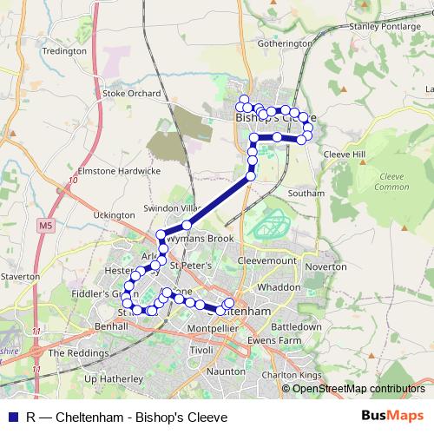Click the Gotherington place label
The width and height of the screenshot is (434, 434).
pyautogui.click(x=284, y=43)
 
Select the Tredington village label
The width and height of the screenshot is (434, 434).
pyautogui.click(x=64, y=51)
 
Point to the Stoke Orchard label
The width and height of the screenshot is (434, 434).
pyautogui.click(x=132, y=93)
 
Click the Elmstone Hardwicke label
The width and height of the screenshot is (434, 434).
pyautogui.click(x=120, y=171)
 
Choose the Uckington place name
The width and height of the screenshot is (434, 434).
pyautogui.click(x=114, y=214)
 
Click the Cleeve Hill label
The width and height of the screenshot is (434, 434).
pyautogui.click(x=345, y=154)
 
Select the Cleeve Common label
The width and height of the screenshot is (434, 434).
pyautogui.click(x=393, y=181)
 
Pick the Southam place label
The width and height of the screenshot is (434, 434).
pyautogui.click(x=306, y=193)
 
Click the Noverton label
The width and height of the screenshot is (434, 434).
pyautogui.click(x=326, y=267)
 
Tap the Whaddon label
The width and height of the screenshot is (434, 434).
pyautogui.click(x=279, y=286)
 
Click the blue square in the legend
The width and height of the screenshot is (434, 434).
pyautogui.click(x=12, y=417)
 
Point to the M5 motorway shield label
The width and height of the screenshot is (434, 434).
pyautogui.click(x=46, y=226)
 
